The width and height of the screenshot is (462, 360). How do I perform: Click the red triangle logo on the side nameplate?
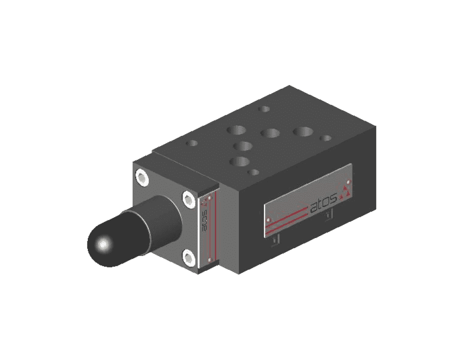(x=345, y=192)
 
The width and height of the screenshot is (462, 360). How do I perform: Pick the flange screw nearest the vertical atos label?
(x=188, y=199)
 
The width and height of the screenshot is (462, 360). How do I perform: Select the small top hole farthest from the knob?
(x=264, y=109)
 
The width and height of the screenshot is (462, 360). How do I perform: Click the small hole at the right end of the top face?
(x=326, y=138)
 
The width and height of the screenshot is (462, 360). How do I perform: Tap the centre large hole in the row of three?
(x=270, y=133)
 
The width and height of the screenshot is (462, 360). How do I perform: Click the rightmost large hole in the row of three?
(x=303, y=132)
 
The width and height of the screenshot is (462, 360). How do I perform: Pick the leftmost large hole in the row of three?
(x=236, y=130)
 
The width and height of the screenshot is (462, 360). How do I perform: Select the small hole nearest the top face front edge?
(x=253, y=172)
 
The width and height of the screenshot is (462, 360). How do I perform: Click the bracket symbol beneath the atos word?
(x=328, y=215)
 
